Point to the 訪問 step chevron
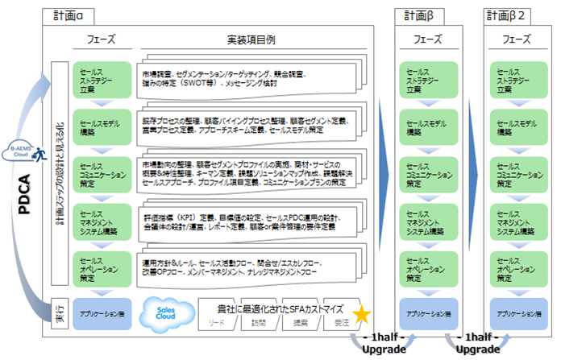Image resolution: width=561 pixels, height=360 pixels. (x=258, y=322)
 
